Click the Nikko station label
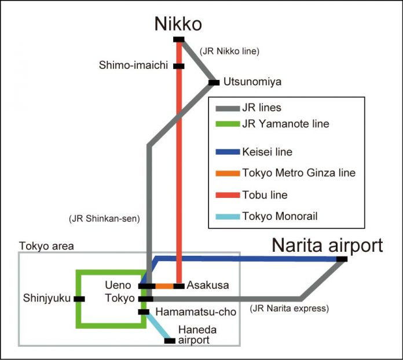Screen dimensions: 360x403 (x=178, y=24)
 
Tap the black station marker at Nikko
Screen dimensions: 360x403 (x=179, y=39)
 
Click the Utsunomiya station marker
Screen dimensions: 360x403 (x=214, y=83)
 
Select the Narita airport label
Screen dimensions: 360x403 (x=328, y=245)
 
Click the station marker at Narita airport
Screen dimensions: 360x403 (x=342, y=259)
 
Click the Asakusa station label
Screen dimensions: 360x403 (x=208, y=285)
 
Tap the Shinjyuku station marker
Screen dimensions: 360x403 (x=80, y=299)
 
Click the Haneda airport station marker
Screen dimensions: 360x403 (x=170, y=340)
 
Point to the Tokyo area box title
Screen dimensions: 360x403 (x=46, y=246)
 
